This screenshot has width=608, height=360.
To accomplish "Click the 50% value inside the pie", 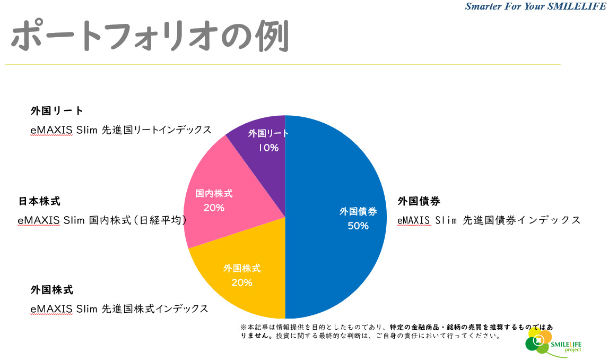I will point(358,226).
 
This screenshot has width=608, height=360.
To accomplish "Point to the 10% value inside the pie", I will point(268,148).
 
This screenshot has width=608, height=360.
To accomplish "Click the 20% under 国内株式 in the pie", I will point(214,208).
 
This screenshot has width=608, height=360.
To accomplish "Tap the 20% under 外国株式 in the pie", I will point(242,282).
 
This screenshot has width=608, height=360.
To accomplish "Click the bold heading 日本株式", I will point(39,202).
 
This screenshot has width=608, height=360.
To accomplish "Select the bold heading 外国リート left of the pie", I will point(57,111).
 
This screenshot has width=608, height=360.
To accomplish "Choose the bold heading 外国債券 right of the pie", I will point(419,202).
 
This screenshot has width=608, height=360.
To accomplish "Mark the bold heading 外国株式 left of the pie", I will point(52,290).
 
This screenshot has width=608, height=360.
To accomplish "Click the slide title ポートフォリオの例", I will point(150,37).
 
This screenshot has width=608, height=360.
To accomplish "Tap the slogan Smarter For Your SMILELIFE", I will point(535,6).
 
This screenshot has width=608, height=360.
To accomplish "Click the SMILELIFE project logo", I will point(546,342).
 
